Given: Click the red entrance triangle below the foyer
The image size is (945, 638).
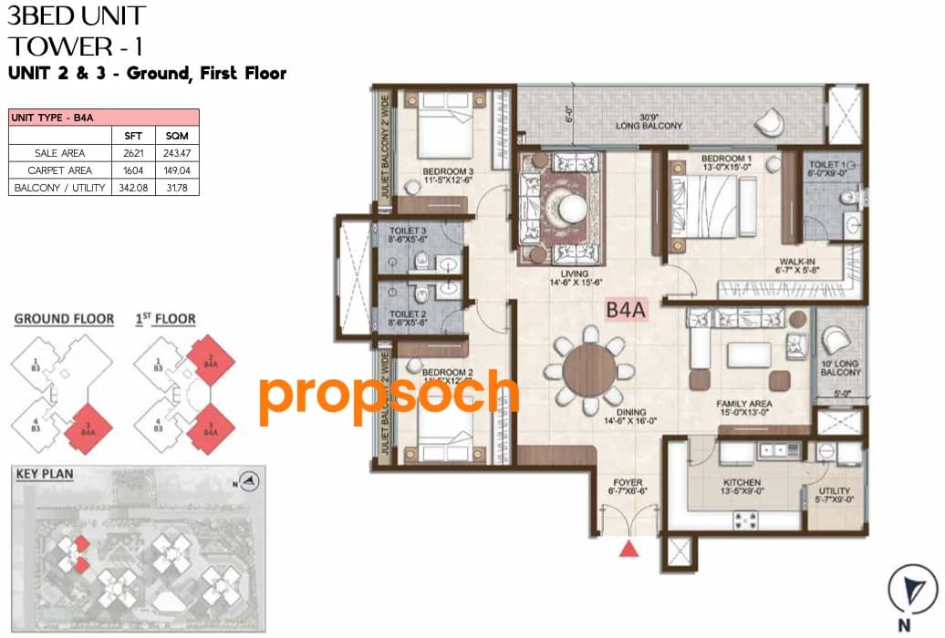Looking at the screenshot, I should pos(628,549).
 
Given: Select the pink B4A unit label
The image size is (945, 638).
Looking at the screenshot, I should pos(626,310).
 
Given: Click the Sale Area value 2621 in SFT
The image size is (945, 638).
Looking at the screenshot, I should pos(132,153).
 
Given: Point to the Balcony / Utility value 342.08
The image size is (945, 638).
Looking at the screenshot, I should pos(132,188).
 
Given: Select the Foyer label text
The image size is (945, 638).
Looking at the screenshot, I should pos(628,482).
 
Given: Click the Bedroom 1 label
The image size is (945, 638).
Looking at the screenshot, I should pos(726,159).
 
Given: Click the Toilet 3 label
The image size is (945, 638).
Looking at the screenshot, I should pos(407,231).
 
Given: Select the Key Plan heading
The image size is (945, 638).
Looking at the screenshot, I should pos(45,474).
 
